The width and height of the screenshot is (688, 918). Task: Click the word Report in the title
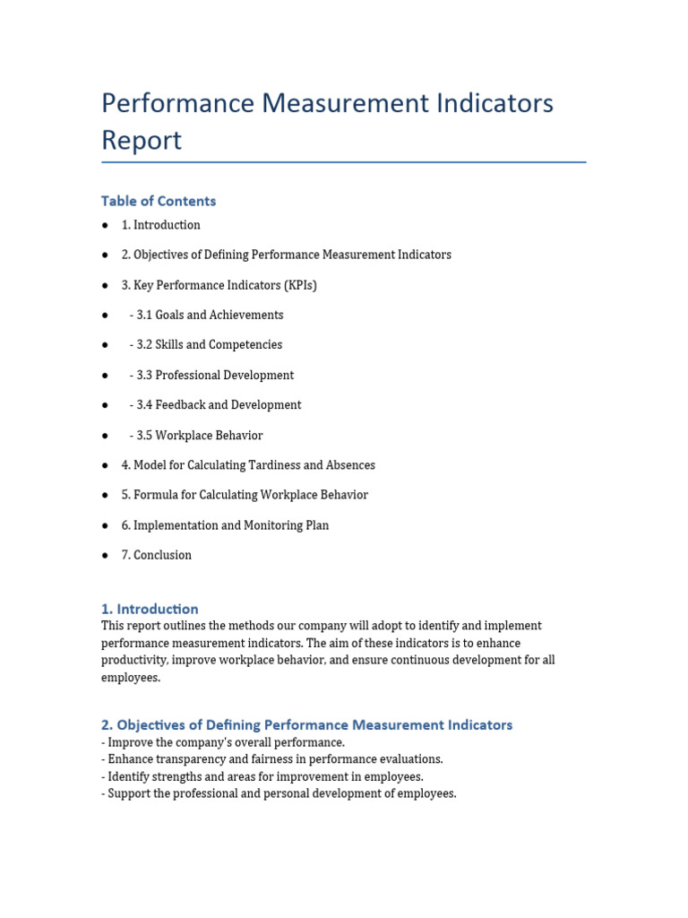[142, 141]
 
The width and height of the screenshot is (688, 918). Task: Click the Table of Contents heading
[159, 201]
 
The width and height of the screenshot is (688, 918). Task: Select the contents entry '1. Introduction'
[161, 225]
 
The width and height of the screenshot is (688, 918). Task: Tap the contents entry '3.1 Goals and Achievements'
[206, 315]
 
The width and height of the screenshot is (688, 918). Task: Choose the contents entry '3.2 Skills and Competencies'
[205, 345]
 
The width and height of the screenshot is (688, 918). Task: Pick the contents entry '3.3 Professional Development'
[211, 375]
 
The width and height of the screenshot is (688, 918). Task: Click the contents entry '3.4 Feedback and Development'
[215, 405]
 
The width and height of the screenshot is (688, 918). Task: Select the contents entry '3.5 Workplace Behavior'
[196, 436]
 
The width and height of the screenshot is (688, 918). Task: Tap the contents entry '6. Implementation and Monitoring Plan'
[225, 525]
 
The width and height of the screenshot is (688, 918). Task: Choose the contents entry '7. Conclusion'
[157, 555]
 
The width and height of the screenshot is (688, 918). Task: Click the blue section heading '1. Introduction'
[150, 609]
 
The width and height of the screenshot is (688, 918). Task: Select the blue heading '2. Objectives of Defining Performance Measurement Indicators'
[307, 724]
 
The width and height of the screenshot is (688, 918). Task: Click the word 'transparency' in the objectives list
[189, 759]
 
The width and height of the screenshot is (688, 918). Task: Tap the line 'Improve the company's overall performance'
[223, 742]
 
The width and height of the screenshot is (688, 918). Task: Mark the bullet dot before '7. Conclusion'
[105, 556]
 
